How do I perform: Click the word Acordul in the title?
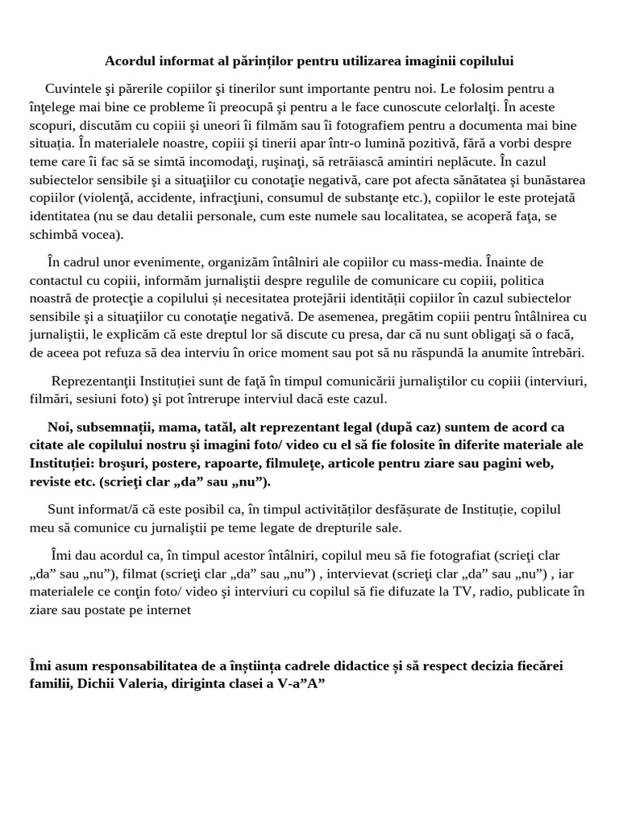(131, 61)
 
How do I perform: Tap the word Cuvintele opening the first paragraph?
(74, 88)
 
